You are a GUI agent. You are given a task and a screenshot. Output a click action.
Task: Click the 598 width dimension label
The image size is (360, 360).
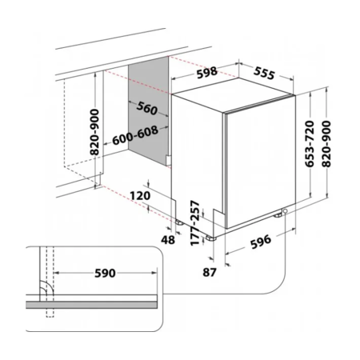(206, 73)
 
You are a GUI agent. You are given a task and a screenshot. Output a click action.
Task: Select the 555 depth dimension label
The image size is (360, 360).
(264, 73)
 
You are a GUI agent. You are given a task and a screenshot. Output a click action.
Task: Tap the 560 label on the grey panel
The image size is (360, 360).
(147, 108)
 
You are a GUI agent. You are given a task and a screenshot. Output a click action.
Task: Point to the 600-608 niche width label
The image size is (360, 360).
(135, 135)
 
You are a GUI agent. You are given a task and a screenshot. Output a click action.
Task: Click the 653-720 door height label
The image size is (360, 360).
(310, 144)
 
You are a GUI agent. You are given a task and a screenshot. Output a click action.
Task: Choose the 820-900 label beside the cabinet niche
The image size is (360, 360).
(94, 132)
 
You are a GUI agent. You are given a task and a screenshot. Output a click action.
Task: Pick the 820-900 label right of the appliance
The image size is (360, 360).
(326, 144)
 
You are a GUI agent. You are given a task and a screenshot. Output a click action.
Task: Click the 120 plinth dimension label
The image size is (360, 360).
(140, 196)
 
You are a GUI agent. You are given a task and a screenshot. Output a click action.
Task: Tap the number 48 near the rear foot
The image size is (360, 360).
(168, 240)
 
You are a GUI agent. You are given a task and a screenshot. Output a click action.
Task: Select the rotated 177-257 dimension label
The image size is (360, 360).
(195, 223)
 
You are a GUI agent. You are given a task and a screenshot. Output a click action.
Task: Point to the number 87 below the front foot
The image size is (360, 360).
(210, 272)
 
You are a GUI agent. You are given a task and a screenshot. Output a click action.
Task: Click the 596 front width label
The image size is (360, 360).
(261, 242)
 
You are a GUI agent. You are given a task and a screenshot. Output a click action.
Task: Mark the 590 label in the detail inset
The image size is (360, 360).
(105, 273)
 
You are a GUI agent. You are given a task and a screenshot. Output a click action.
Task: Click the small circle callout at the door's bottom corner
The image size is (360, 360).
(286, 211)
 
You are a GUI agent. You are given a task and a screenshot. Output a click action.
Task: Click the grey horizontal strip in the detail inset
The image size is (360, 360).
(91, 305)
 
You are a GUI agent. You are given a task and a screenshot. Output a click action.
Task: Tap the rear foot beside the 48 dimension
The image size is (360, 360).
(178, 222)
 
